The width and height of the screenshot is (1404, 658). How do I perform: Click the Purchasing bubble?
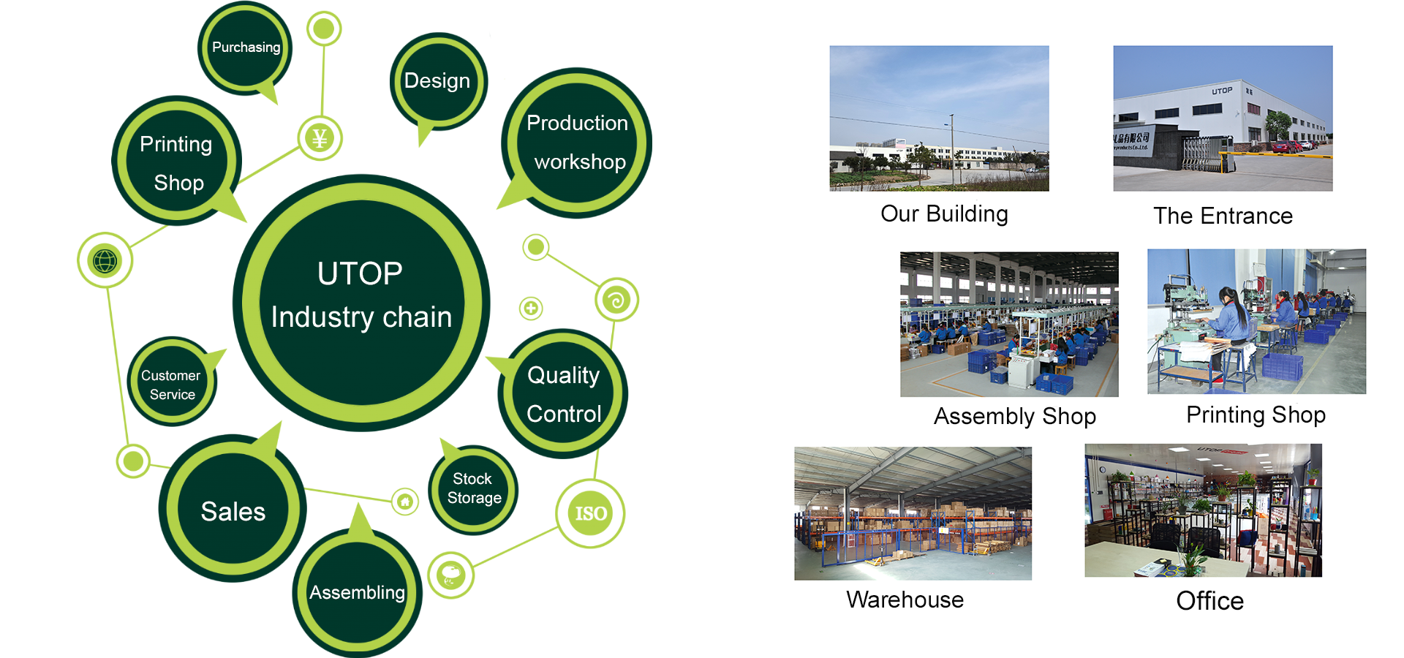[245, 48]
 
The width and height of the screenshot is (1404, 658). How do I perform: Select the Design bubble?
[437, 80]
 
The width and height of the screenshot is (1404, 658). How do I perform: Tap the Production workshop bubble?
[577, 143]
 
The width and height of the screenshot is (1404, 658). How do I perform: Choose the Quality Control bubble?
[563, 394]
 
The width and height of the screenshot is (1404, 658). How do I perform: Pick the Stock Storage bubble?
[474, 488]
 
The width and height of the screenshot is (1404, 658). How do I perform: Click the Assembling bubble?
[357, 592]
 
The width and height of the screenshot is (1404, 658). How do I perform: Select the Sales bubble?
[233, 510]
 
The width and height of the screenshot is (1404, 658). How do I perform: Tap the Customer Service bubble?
[171, 384]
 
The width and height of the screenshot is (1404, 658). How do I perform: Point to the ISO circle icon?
[590, 513]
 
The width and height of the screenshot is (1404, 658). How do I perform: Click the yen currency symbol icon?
[320, 138]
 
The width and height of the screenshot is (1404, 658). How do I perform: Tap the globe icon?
[105, 260]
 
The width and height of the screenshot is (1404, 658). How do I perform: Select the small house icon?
[404, 502]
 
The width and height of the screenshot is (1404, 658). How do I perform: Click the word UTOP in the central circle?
[360, 274]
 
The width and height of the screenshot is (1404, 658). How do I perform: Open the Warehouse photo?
[913, 513]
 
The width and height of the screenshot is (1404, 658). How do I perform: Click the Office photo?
[1203, 510]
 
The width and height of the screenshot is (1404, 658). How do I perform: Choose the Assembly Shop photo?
[1009, 325]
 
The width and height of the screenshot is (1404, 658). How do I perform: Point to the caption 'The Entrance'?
[1223, 216]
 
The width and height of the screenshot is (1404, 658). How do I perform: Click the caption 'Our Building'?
[944, 213]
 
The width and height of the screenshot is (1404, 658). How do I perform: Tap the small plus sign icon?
[531, 308]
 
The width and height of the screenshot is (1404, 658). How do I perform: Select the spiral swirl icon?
[616, 300]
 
